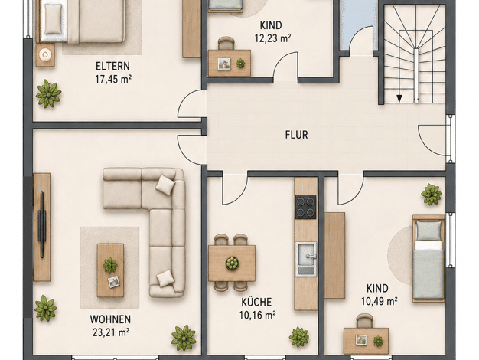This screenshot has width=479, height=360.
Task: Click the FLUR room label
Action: pyautogui.click(x=296, y=135)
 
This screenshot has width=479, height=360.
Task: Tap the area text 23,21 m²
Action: pyautogui.click(x=111, y=332)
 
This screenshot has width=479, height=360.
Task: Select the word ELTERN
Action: pyautogui.click(x=112, y=66)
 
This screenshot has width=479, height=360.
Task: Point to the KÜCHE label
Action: pyautogui.click(x=256, y=302)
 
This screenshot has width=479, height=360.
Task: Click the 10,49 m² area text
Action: pyautogui.click(x=379, y=302)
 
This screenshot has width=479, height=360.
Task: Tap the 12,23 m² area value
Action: pyautogui.click(x=272, y=38)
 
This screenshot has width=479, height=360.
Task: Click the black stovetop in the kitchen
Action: pyautogui.click(x=305, y=207)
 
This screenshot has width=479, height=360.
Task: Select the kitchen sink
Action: pyautogui.click(x=306, y=260)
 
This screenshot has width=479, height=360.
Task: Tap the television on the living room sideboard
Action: pyautogui.click(x=42, y=225)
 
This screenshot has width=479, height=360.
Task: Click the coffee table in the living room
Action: pyautogui.click(x=110, y=270)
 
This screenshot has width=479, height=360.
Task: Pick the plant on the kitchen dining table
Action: pyautogui.click(x=232, y=263)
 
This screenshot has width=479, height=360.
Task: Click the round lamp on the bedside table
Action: pyautogui.click(x=45, y=54)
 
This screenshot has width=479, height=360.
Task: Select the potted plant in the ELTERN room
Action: pyautogui.click(x=48, y=94)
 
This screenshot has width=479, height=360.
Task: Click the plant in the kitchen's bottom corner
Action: pyautogui.click(x=298, y=337)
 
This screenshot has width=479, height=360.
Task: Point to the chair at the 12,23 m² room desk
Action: pyautogui.click(x=226, y=43)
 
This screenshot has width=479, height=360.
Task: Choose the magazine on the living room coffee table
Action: pyautogui.click(x=114, y=282)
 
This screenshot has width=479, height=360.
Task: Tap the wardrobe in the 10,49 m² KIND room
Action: pyautogui.click(x=334, y=255)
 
